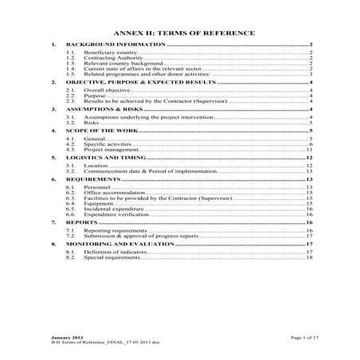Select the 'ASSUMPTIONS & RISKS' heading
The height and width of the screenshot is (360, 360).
click(x=106, y=109)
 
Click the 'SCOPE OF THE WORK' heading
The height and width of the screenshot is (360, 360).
click(x=100, y=131)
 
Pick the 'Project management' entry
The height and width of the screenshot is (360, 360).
click(x=109, y=150)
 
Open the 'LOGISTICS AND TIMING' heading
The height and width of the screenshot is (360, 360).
click(x=108, y=158)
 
